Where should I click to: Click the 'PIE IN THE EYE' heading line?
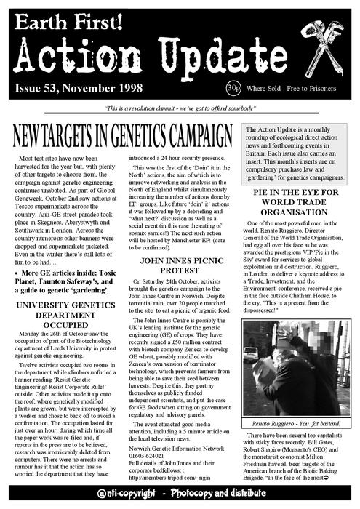point(300,193)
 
